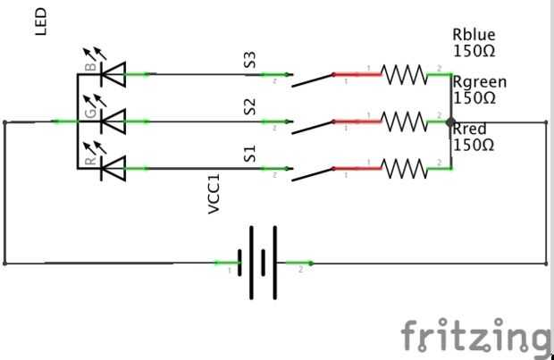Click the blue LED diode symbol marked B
point(113,73)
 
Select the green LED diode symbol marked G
point(113,119)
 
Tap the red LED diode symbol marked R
point(113,166)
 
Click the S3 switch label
point(251,60)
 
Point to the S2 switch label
point(251,107)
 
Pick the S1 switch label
point(251,154)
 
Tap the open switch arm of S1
point(311,172)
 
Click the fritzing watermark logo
point(474,336)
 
